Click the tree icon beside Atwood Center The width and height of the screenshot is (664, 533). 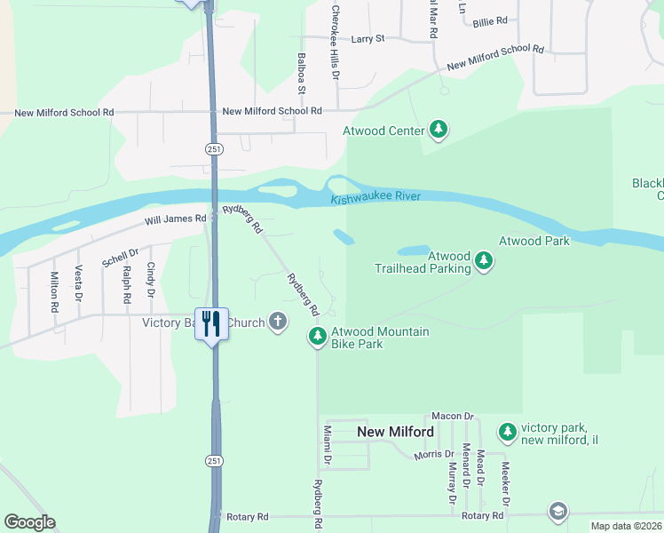pyautogui.click(x=438, y=131)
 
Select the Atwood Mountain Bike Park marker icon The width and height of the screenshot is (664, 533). pyautogui.click(x=317, y=337)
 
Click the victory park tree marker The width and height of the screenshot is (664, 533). pyautogui.click(x=507, y=433)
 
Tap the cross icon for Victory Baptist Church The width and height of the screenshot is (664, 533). pyautogui.click(x=278, y=322)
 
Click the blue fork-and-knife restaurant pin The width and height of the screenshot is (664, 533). pyautogui.click(x=210, y=323)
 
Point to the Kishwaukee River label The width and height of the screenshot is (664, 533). pyautogui.click(x=375, y=197)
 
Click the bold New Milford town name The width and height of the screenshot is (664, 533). pyautogui.click(x=395, y=433)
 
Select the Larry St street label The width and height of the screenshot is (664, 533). pyautogui.click(x=368, y=39)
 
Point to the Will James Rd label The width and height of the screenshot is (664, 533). pyautogui.click(x=176, y=219)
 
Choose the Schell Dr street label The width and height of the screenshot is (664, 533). pyautogui.click(x=121, y=258)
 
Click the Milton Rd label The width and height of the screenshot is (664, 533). pyautogui.click(x=54, y=291)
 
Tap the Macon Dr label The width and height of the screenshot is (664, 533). pyautogui.click(x=453, y=416)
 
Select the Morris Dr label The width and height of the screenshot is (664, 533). pyautogui.click(x=433, y=455)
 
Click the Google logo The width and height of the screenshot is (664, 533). pyautogui.click(x=29, y=522)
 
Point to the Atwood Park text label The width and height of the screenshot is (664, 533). pyautogui.click(x=534, y=241)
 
